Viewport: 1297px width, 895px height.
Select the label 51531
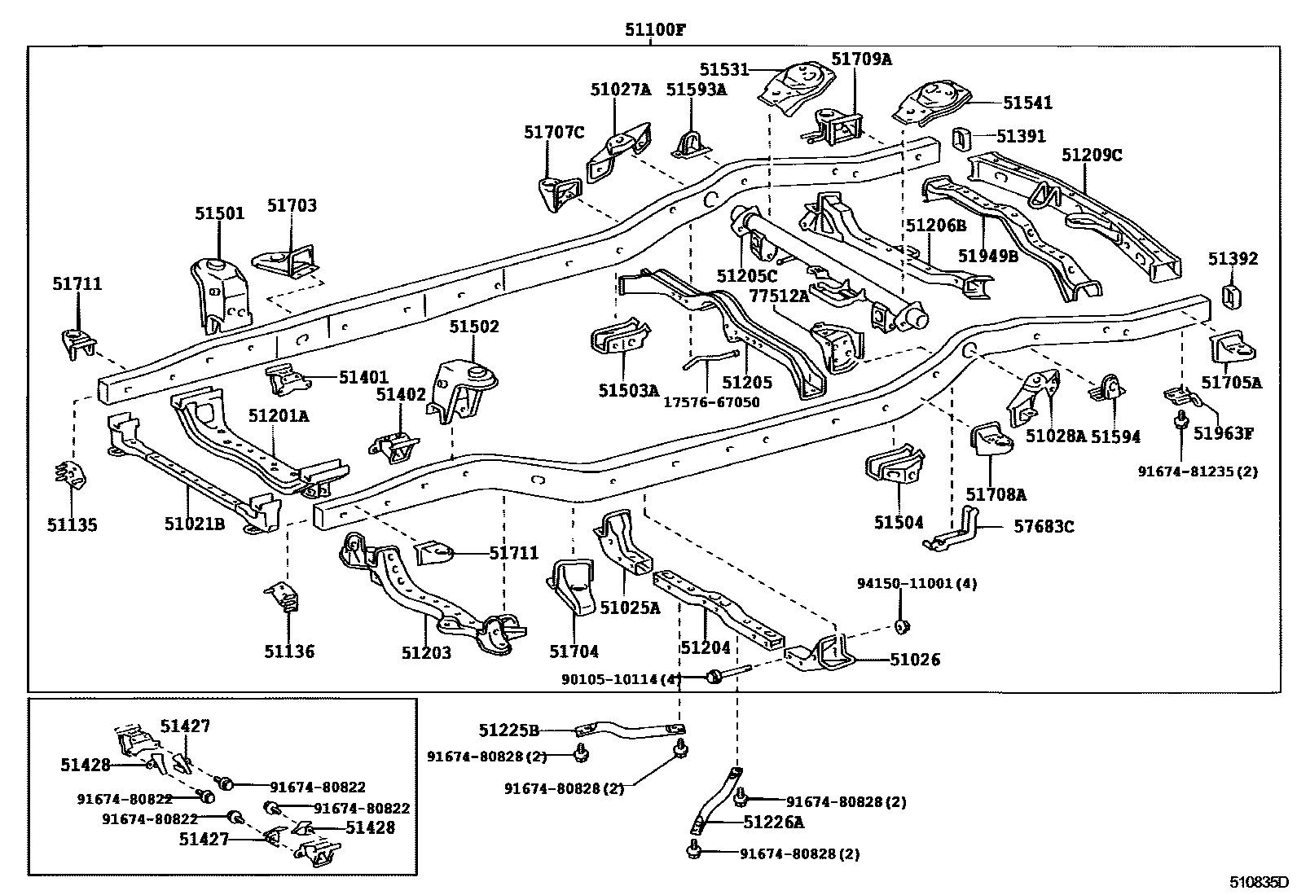(723, 70)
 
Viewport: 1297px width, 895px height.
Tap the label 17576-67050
(710, 402)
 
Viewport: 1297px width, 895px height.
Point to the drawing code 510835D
(1260, 881)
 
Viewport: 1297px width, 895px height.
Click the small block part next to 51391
(961, 139)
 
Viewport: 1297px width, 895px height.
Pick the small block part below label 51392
(1231, 297)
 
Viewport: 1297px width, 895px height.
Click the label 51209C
(1092, 155)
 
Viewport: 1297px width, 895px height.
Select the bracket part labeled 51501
(218, 297)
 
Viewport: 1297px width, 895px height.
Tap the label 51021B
(194, 524)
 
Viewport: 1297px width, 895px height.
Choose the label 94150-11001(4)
(917, 583)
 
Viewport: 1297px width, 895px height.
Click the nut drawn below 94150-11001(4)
(902, 625)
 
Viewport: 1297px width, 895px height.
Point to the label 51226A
(773, 823)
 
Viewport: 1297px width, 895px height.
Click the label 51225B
(509, 730)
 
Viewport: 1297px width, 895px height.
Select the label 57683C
(1044, 527)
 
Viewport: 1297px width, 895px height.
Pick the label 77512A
(779, 296)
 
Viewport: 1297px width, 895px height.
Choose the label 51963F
(1223, 433)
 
